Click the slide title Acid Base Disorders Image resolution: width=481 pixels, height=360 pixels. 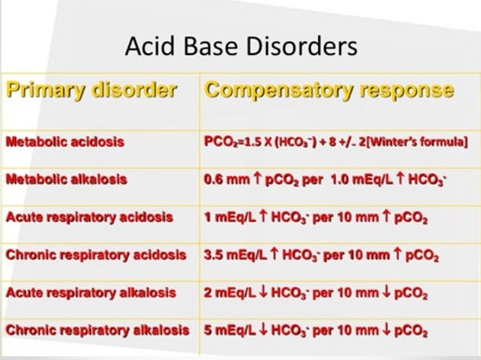tap(240, 47)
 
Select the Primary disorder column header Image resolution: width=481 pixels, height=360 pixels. tap(91, 91)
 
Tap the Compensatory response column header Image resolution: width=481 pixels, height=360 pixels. tap(329, 91)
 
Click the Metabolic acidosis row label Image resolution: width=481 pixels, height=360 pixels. tap(65, 142)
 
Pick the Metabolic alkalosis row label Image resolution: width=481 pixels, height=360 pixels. tap(66, 179)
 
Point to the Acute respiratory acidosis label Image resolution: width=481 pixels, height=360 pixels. tap(89, 217)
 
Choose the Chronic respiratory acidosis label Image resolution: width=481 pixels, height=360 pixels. tap(97, 255)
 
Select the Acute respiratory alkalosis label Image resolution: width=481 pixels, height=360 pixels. tap(89, 292)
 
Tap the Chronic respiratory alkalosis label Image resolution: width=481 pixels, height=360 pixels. tap(97, 330)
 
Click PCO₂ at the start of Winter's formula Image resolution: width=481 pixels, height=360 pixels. tap(219, 142)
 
